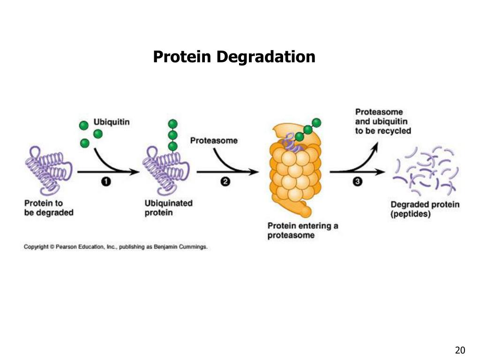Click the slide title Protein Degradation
[x=234, y=57]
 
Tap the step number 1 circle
[x=106, y=182]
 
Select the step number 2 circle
[x=225, y=182]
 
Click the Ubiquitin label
[x=112, y=122]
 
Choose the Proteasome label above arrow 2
[x=213, y=140]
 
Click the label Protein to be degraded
[x=49, y=208]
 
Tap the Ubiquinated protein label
[x=168, y=208]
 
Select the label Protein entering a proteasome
[x=302, y=231]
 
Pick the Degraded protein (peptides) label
[x=425, y=209]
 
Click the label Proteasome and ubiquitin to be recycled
[x=382, y=121]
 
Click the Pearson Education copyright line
[x=115, y=247]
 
